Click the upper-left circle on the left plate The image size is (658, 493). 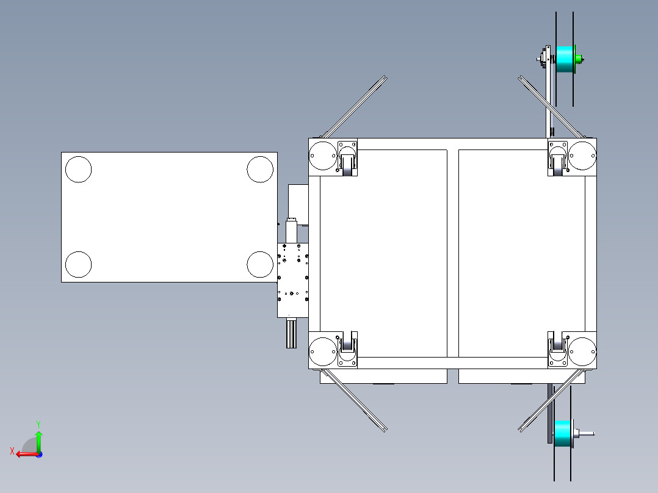pyautogui.click(x=78, y=169)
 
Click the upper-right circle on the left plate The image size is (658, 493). pyautogui.click(x=260, y=169)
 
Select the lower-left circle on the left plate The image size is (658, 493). pyautogui.click(x=78, y=264)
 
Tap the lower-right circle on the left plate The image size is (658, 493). pyautogui.click(x=260, y=264)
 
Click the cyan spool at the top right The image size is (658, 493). pyautogui.click(x=565, y=59)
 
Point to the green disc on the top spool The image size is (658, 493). pyautogui.click(x=577, y=59)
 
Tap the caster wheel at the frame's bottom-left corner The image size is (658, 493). pyautogui.click(x=347, y=345)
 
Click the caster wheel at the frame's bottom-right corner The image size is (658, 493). pyautogui.click(x=558, y=346)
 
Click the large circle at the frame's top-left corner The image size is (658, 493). pyautogui.click(x=322, y=156)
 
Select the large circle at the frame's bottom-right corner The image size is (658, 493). pyautogui.click(x=582, y=352)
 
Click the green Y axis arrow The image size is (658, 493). pyautogui.click(x=38, y=438)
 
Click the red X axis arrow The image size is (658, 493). pyautogui.click(x=23, y=454)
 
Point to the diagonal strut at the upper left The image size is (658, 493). pyautogui.click(x=354, y=107)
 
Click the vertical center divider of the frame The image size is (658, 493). pyautogui.click(x=453, y=253)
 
